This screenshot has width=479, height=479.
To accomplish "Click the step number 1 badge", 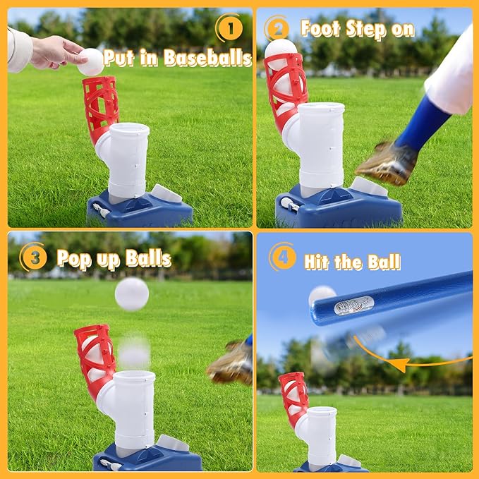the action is click(x=231, y=28).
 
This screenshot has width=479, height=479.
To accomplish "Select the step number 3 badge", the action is click(x=35, y=257).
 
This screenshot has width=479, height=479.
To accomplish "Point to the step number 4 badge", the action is click(x=283, y=257).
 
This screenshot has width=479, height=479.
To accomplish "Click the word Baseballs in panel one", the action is click(x=207, y=58).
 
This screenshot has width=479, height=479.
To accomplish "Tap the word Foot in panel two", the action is click(x=320, y=28).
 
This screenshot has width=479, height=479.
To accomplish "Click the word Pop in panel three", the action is click(x=74, y=259).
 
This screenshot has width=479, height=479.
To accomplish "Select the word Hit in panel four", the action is click(x=316, y=262).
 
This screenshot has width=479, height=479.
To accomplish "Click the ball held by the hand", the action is click(x=91, y=62).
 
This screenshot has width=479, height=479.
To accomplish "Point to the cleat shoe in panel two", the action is click(x=387, y=163).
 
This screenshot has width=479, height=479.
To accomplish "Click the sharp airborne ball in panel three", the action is click(x=132, y=294).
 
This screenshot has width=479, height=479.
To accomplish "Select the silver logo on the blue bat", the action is click(x=354, y=305).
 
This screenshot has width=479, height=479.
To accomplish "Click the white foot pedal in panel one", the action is click(x=166, y=193).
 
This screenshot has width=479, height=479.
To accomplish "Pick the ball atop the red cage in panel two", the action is click(x=280, y=49).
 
